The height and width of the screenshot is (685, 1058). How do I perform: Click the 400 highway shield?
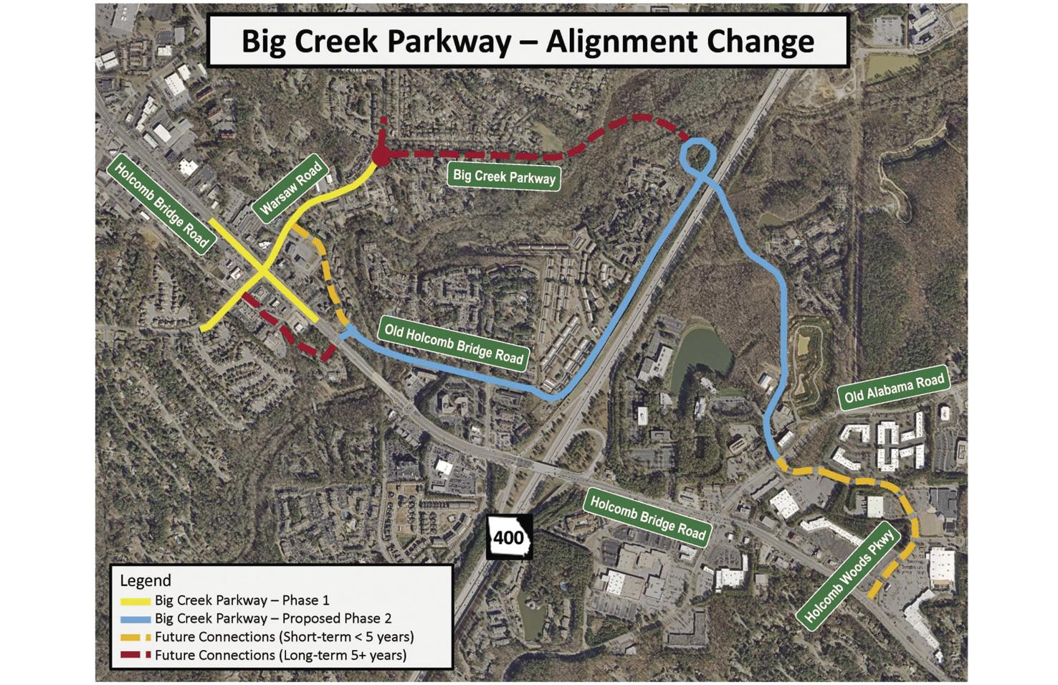coord(509,537)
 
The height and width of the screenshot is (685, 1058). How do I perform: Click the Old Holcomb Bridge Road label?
coord(454,343)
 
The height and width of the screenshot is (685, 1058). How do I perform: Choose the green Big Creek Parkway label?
coord(504,176)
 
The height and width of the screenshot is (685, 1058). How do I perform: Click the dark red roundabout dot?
coord(381,156)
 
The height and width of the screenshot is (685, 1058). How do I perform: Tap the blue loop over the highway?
coord(697,156)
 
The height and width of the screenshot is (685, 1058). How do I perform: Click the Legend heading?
coord(146,580)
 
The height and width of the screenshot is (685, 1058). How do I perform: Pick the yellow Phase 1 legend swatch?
coord(135,601)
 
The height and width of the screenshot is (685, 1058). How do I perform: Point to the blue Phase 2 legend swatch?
coord(135,619)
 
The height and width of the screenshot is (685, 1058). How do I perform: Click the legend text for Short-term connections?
coord(284,637)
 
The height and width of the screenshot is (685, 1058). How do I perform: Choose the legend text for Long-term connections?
coord(280,655)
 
